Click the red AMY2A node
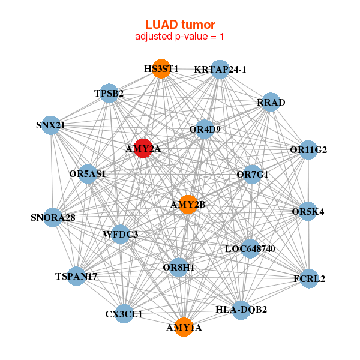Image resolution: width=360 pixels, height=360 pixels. [x=143, y=148]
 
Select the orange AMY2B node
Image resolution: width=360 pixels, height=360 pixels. [x=188, y=205]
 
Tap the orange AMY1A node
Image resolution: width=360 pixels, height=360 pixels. [x=184, y=328]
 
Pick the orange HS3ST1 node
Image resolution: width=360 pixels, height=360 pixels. [x=161, y=69]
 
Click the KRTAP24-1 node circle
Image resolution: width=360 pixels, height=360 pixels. [x=220, y=69]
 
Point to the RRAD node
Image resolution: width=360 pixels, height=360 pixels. [x=271, y=102]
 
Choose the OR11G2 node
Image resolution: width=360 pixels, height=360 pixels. [x=308, y=149]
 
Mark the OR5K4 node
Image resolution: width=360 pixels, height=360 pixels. [x=308, y=211]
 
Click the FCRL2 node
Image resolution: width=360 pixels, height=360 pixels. [x=309, y=278]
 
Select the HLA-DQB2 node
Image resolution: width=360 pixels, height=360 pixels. [x=241, y=310]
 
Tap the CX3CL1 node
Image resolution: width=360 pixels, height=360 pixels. [x=124, y=314]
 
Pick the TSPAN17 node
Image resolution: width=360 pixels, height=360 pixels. [x=76, y=276]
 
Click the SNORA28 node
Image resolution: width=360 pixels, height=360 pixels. [x=53, y=217]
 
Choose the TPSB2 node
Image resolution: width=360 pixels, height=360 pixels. [x=109, y=93]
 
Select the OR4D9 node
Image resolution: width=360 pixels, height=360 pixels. [x=205, y=129]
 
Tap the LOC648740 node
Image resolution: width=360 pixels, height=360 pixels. [x=250, y=248]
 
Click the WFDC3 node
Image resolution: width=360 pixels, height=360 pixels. [x=121, y=233]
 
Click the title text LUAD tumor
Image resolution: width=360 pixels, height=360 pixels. [x=180, y=25]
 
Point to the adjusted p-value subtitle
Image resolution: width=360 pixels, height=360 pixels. [x=180, y=37]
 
